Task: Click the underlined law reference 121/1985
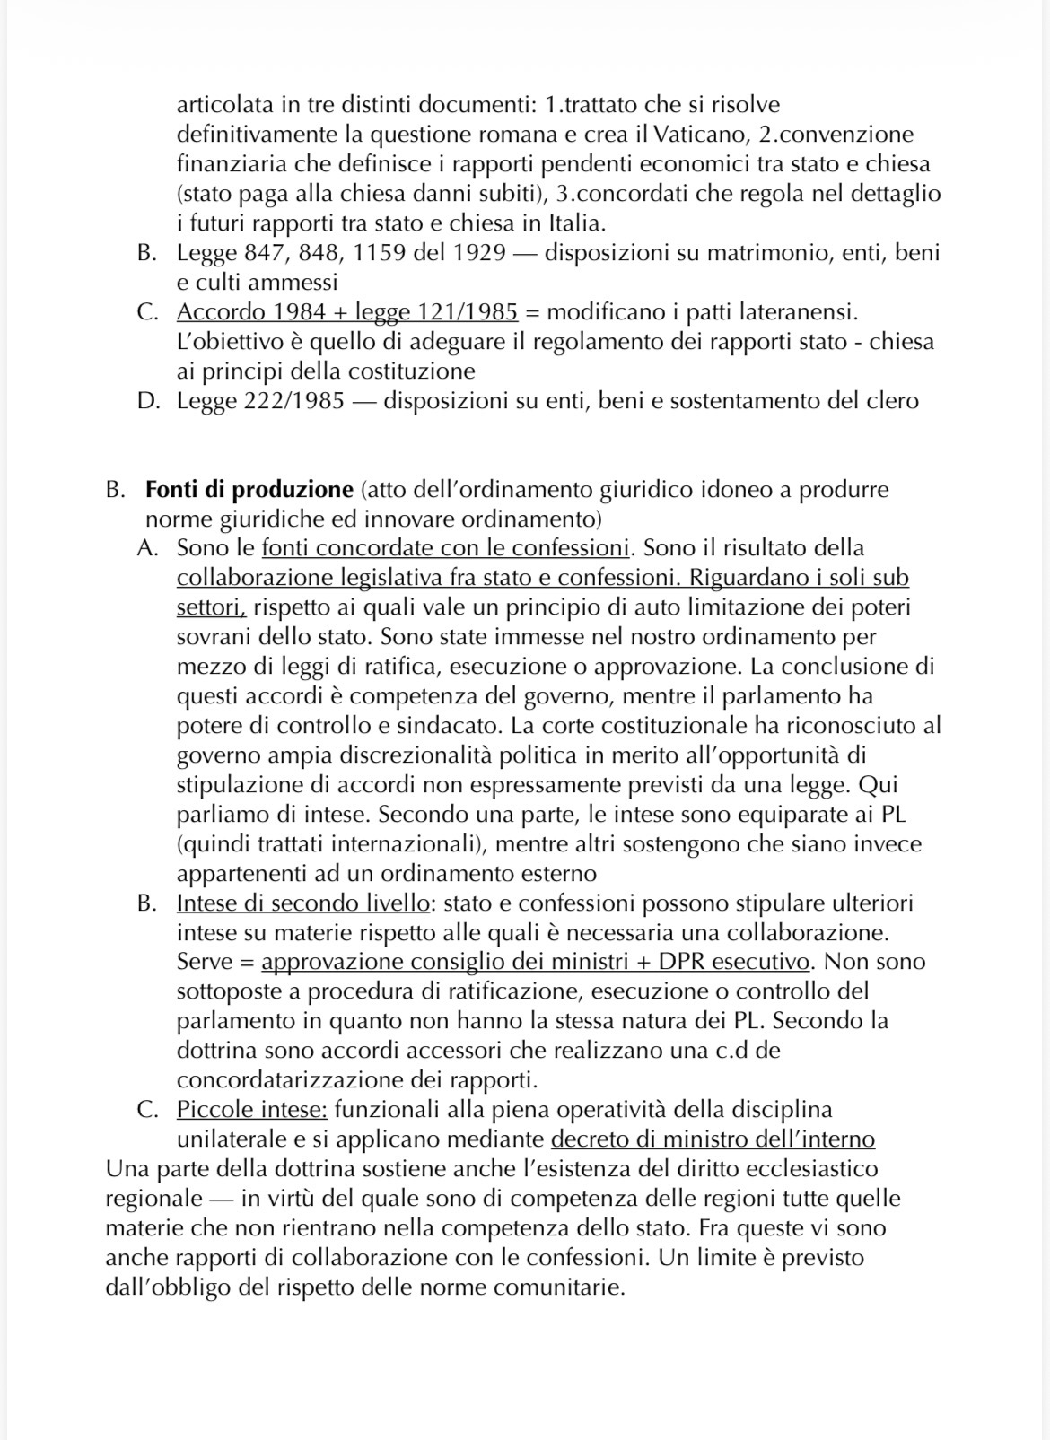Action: tap(468, 312)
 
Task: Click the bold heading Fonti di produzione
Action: tap(249, 490)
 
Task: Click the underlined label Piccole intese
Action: tap(252, 1109)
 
